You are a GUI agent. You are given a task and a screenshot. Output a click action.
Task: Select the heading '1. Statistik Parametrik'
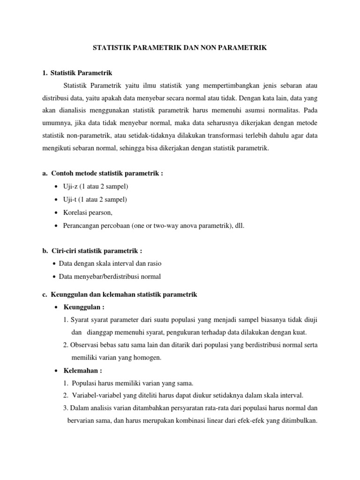pyautogui.click(x=77, y=73)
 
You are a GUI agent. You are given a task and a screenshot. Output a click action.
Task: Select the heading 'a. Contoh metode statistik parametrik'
pyautogui.click(x=103, y=173)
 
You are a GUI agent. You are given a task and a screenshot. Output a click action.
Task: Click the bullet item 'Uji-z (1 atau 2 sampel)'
pyautogui.click(x=96, y=187)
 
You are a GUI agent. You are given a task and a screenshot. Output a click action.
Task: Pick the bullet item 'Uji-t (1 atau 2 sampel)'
pyautogui.click(x=95, y=200)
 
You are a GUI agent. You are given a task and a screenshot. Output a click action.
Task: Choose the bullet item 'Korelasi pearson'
pyautogui.click(x=88, y=212)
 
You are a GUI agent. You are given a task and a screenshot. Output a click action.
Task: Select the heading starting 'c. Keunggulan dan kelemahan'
pyautogui.click(x=120, y=294)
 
